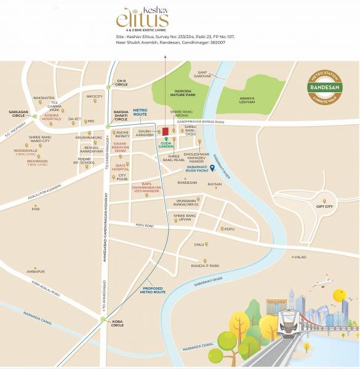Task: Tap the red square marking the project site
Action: (x=165, y=131)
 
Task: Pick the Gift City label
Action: (x=324, y=207)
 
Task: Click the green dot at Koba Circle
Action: (x=103, y=319)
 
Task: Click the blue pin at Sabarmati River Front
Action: (x=212, y=168)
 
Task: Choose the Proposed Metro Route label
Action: (x=154, y=290)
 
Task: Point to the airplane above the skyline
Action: (x=321, y=284)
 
